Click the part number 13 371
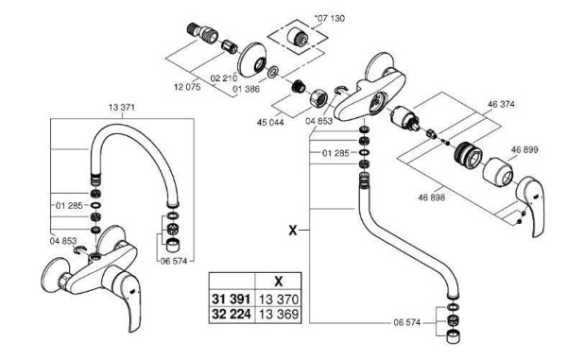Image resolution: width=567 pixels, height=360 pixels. coord(122,107)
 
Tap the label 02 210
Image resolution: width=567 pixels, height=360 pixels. coord(223,78)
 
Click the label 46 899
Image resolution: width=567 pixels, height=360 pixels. coord(529,149)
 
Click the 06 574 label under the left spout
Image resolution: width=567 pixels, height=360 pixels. coord(177,262)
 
